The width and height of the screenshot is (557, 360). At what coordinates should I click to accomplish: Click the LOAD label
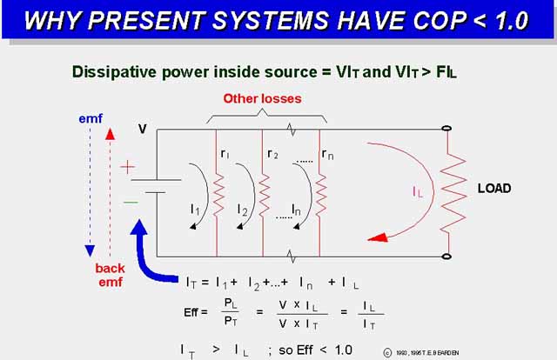click(x=493, y=189)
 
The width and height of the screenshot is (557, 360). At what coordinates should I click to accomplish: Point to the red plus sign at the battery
click(x=129, y=166)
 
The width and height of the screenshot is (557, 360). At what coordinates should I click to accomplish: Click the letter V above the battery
click(x=142, y=130)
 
